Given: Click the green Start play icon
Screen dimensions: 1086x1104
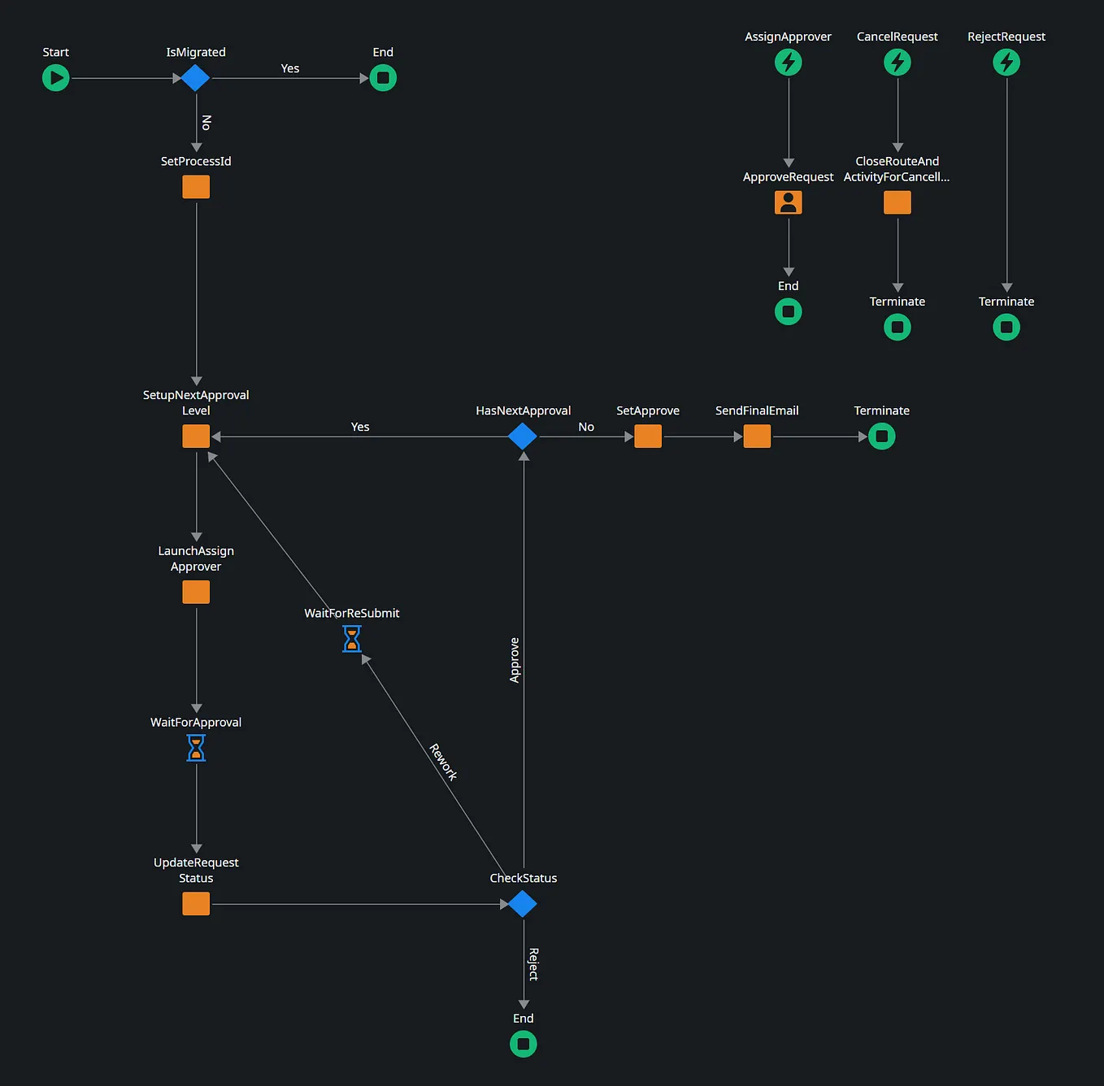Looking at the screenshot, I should (x=55, y=78).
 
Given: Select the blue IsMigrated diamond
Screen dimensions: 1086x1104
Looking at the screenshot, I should (x=195, y=78).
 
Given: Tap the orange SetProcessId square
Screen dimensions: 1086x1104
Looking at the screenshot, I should (x=196, y=187).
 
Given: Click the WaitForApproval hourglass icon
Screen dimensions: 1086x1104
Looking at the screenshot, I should (x=196, y=748).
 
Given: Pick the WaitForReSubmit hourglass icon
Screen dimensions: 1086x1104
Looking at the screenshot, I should (x=351, y=639).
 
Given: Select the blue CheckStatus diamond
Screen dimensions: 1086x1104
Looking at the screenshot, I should (x=523, y=903).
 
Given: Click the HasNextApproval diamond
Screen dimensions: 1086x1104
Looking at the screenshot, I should (x=523, y=437).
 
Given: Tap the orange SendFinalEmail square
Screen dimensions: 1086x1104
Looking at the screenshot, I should (x=757, y=437).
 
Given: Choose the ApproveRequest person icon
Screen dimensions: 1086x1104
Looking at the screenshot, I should (x=788, y=202).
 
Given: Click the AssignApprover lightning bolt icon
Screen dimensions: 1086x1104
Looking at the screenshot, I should (x=788, y=62).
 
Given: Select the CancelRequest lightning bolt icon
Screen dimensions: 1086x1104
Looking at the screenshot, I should (x=897, y=62).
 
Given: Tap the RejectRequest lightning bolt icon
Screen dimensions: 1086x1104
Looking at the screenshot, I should (x=1006, y=62).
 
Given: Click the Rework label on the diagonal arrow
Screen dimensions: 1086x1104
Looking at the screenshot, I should (x=443, y=762).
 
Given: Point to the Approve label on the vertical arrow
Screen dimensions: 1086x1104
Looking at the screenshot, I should (x=515, y=660).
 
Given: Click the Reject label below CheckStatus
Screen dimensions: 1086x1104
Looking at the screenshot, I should (x=533, y=964).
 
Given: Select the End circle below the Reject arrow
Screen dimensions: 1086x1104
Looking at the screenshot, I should (x=523, y=1044).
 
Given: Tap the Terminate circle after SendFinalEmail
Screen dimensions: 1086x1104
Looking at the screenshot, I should (x=881, y=437).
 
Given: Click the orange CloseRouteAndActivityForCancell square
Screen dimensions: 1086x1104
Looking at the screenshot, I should (x=897, y=202).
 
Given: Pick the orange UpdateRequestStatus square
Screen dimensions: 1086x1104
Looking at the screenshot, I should (x=196, y=903).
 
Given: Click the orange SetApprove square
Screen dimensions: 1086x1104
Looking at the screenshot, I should (x=648, y=437).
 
